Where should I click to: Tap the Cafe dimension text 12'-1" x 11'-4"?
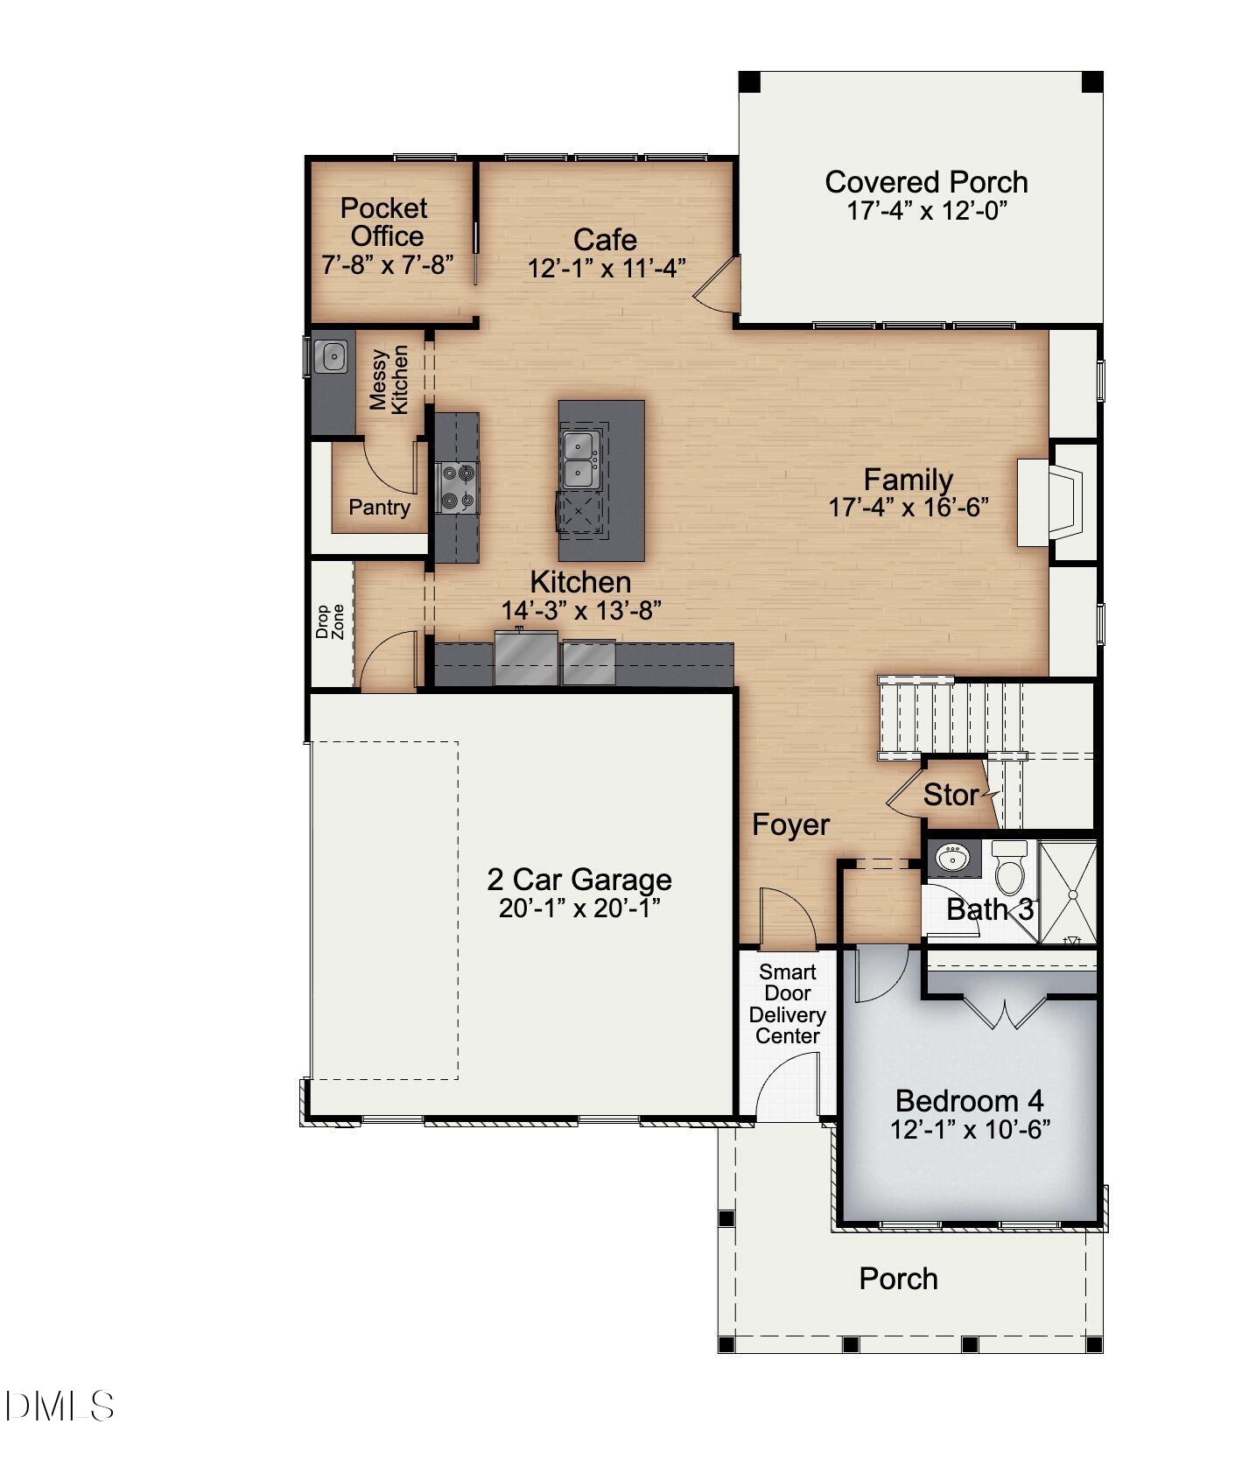605,268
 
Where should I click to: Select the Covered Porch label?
926,182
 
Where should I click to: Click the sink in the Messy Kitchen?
333,356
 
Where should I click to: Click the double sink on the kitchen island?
580,459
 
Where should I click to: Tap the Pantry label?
379,507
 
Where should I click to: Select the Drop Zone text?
330,621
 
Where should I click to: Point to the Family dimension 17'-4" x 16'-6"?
908,507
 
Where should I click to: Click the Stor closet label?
951,795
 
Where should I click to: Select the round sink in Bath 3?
953,857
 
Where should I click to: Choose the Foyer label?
790,824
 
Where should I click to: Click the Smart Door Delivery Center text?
788,1004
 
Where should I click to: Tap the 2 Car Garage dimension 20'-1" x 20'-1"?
579,908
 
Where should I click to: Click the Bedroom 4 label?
969,1100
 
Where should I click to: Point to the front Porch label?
898,1279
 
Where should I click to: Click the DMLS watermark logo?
60,1406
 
